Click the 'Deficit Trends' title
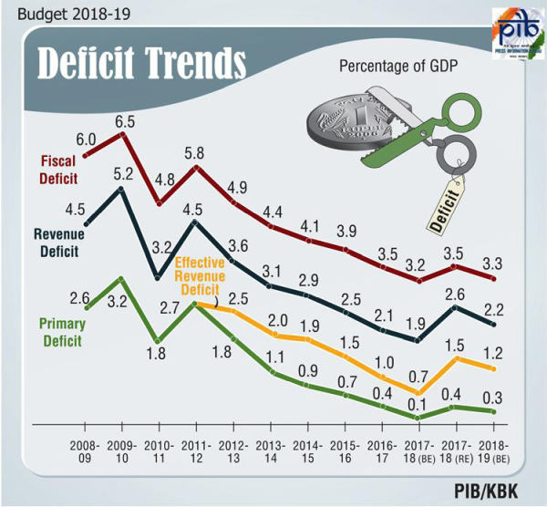coord(141,65)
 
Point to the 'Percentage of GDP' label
coord(397,67)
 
